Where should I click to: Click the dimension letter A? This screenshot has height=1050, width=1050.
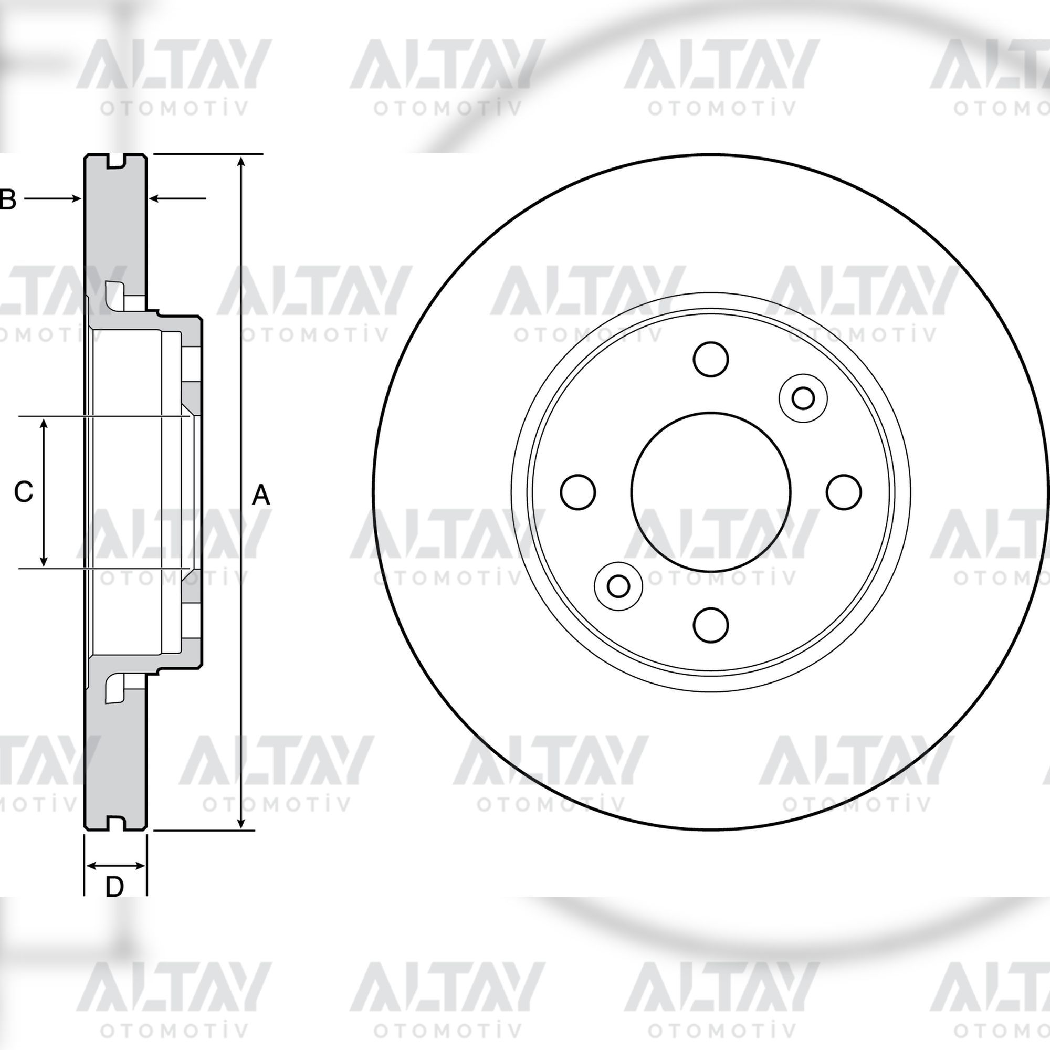click(261, 496)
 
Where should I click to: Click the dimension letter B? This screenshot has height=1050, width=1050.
click(7, 199)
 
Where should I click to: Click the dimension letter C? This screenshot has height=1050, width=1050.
click(24, 492)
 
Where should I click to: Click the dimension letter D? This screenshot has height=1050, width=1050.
click(114, 887)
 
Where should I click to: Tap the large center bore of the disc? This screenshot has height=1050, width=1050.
click(711, 492)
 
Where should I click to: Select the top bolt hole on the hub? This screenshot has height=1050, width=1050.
click(711, 359)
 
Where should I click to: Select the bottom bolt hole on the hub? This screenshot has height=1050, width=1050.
click(711, 624)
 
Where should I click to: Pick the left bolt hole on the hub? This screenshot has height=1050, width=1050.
click(577, 492)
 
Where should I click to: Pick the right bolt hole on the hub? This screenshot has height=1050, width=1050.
click(844, 492)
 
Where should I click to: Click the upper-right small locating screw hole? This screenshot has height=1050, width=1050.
click(803, 398)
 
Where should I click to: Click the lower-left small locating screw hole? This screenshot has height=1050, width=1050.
click(618, 586)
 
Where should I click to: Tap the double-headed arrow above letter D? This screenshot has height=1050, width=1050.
click(115, 865)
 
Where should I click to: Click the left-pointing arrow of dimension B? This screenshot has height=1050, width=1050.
click(177, 199)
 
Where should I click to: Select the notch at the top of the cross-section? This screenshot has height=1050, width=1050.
click(115, 161)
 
